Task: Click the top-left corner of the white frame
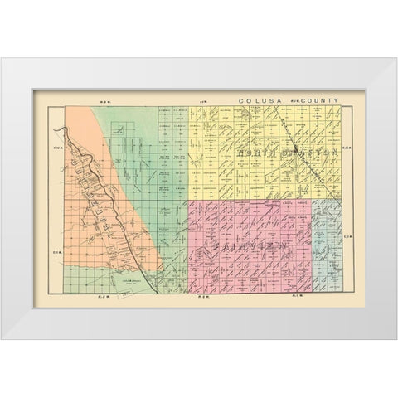[x=2, y=59]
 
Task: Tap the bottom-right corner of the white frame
[x=396, y=339]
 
